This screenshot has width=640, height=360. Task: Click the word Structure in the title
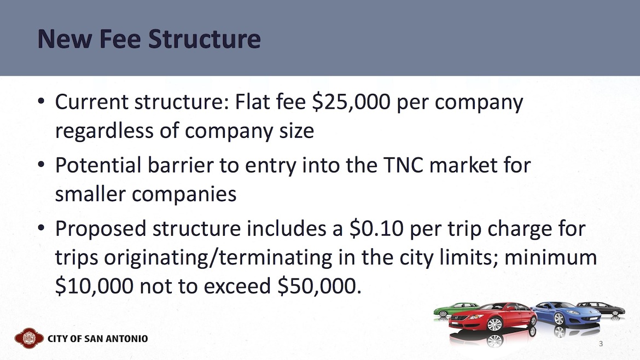[204, 39]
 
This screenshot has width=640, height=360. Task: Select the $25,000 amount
[351, 102]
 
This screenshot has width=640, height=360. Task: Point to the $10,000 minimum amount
[94, 286]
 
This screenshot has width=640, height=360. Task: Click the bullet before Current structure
[41, 101]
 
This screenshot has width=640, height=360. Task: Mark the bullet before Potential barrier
[41, 165]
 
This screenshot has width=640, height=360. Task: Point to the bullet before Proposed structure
[41, 228]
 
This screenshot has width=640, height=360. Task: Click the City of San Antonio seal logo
[29, 338]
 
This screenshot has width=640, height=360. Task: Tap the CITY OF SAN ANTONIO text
[98, 339]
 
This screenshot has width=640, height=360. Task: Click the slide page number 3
[601, 344]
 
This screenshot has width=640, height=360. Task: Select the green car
[455, 310]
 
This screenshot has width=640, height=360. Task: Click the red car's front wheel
[494, 324]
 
